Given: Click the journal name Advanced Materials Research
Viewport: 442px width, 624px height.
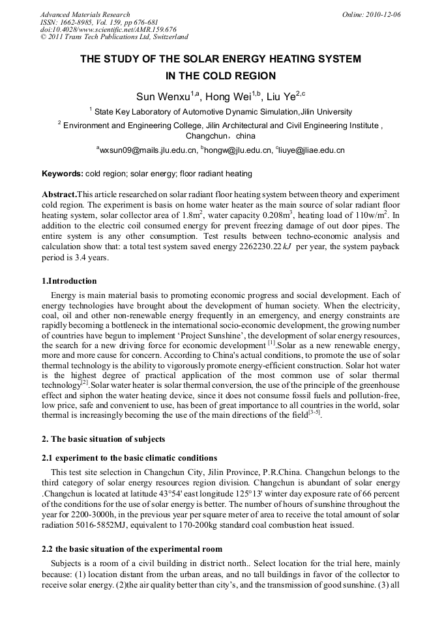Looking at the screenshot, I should (x=85, y=14).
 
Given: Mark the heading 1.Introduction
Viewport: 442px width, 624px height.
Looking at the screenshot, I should (x=69, y=281).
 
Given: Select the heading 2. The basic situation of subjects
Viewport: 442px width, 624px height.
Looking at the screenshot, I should (x=104, y=439).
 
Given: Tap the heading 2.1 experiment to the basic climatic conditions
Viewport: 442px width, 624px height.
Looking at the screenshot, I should (x=129, y=458).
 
